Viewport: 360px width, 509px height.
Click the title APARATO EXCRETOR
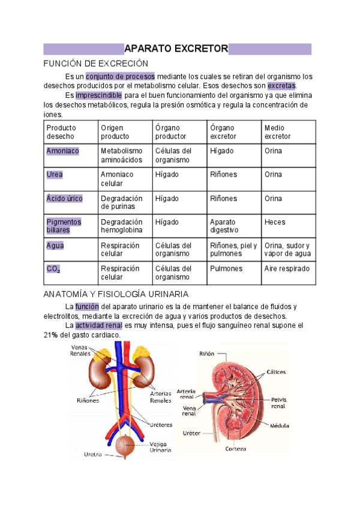176,49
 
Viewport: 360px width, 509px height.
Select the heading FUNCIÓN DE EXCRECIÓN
96,64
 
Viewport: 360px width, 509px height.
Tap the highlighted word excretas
281,86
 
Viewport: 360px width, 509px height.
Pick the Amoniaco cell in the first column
62,151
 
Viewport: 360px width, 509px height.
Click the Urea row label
55,175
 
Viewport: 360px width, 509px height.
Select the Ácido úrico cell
64,199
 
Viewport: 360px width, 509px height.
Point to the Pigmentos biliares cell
64,226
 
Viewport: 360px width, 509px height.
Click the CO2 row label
53,270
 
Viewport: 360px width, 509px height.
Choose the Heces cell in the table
275,222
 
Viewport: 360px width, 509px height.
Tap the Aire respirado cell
287,269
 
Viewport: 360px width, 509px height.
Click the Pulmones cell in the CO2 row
226,269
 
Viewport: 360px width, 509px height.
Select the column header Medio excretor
277,132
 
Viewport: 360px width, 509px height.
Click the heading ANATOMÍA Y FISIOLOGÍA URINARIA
117,294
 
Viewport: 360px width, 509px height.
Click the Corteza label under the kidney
235,448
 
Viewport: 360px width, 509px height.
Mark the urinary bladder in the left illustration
125,445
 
